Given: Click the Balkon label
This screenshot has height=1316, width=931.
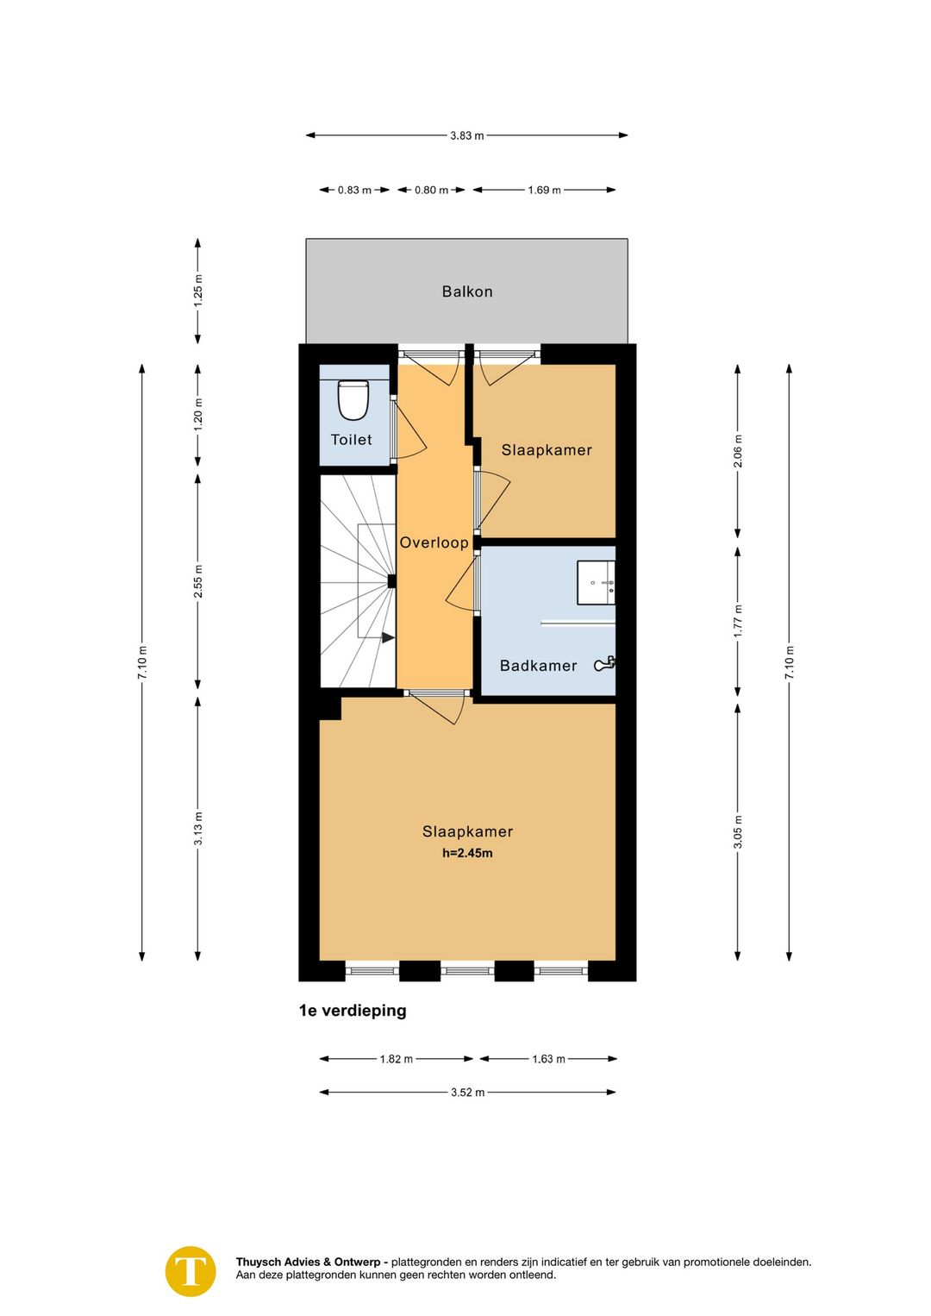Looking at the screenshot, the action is click(x=467, y=291).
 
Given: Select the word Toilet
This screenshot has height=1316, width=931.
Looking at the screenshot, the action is click(x=351, y=440).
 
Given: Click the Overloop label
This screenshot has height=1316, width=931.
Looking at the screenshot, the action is click(x=434, y=542).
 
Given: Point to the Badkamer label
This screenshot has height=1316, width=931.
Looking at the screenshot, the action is click(x=538, y=666).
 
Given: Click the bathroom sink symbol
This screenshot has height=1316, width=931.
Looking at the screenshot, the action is click(x=596, y=582).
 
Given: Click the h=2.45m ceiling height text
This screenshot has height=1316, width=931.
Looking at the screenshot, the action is click(x=467, y=853).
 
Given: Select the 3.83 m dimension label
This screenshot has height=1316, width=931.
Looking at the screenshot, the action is click(x=467, y=135).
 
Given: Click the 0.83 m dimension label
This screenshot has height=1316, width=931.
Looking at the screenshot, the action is click(x=354, y=191).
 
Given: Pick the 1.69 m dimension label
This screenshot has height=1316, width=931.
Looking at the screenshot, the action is click(x=544, y=191).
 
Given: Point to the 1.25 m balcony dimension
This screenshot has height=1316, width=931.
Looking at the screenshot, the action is click(x=198, y=291).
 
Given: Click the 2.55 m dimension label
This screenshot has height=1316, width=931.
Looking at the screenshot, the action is click(x=198, y=581).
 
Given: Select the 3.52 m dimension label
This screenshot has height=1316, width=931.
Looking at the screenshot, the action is click(x=467, y=1093).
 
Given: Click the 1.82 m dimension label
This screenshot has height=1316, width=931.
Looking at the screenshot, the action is click(x=396, y=1059).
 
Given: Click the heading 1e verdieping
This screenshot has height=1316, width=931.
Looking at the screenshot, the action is click(x=353, y=1011).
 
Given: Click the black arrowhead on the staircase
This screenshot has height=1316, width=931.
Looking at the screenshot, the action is click(x=388, y=637).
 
